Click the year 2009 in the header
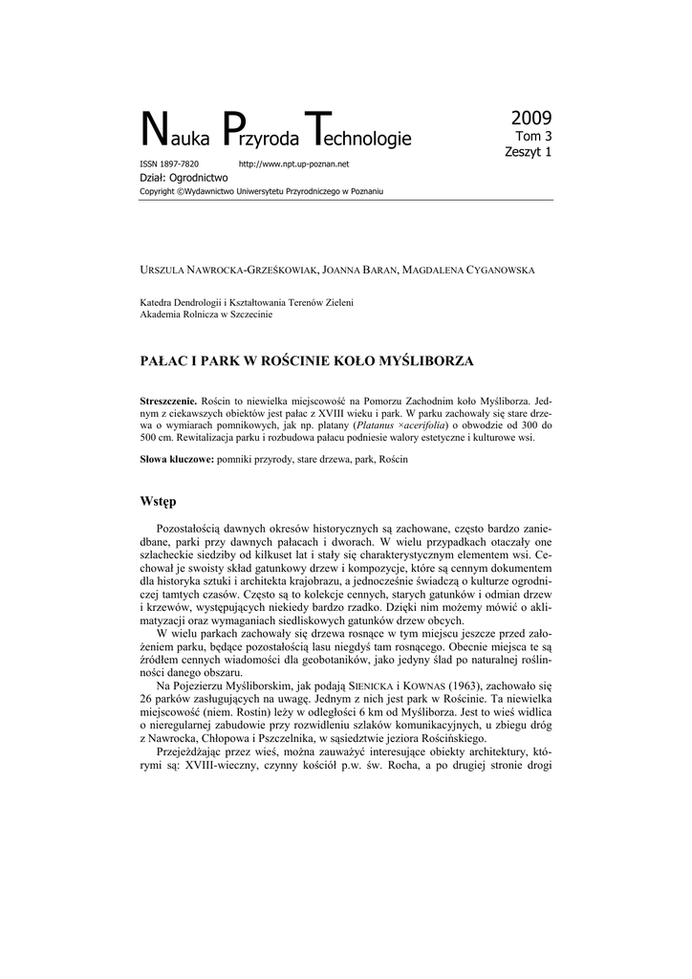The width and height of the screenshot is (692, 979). (x=531, y=119)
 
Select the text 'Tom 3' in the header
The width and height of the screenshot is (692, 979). (x=533, y=137)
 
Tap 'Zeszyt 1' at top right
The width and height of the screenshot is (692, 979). (x=528, y=151)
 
